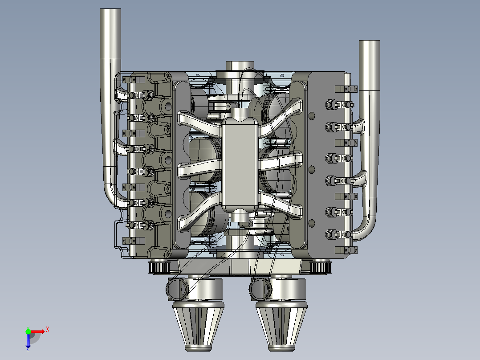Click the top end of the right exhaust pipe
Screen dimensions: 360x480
click(x=369, y=43)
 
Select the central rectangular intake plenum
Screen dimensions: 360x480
click(x=240, y=163)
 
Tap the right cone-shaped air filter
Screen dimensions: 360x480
click(x=281, y=325)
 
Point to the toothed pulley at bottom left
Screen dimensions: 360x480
click(x=159, y=267)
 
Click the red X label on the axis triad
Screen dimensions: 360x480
click(x=47, y=330)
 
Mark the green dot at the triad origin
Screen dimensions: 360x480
click(x=28, y=331)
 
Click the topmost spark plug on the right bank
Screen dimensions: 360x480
click(x=330, y=104)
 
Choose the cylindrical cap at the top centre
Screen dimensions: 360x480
click(x=240, y=66)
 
